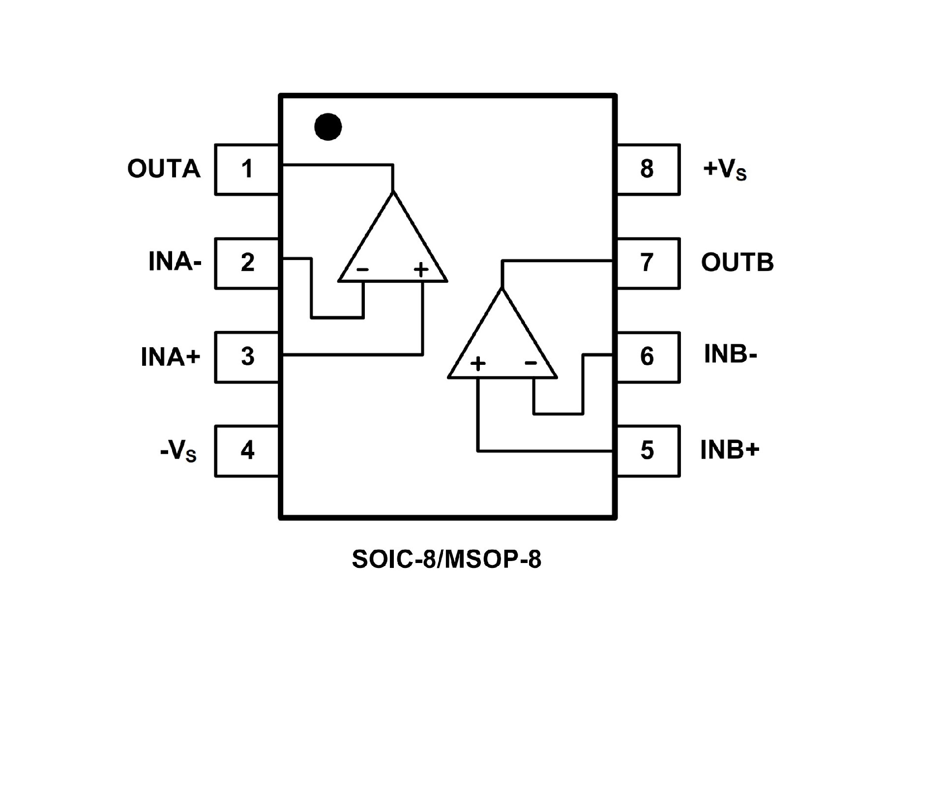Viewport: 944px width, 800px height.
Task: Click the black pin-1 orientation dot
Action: [x=328, y=127]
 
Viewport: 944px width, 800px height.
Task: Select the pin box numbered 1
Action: [x=247, y=169]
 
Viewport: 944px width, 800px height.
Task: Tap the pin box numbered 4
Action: [x=247, y=450]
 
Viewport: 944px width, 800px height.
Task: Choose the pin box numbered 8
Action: [x=648, y=169]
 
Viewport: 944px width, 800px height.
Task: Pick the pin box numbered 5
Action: [x=648, y=450]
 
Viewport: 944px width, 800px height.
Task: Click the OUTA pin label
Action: [x=164, y=169]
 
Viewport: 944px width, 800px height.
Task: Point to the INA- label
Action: [x=175, y=262]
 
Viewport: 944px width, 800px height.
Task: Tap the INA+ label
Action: [x=171, y=357]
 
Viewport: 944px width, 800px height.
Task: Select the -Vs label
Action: [x=178, y=451]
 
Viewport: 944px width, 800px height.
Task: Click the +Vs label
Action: [x=725, y=170]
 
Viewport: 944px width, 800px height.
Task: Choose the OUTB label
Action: [x=737, y=263]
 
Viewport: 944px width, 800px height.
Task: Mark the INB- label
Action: [x=730, y=355]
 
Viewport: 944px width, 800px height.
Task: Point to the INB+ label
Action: [x=730, y=450]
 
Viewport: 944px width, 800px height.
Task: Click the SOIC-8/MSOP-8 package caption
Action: [x=446, y=560]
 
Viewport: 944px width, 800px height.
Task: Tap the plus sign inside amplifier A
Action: [x=421, y=269]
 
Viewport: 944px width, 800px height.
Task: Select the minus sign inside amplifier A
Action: [x=362, y=269]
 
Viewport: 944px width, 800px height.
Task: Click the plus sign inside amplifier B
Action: [x=478, y=363]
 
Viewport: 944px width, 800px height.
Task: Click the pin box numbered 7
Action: [x=648, y=263]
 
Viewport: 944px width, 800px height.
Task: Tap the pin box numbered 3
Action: [x=247, y=357]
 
